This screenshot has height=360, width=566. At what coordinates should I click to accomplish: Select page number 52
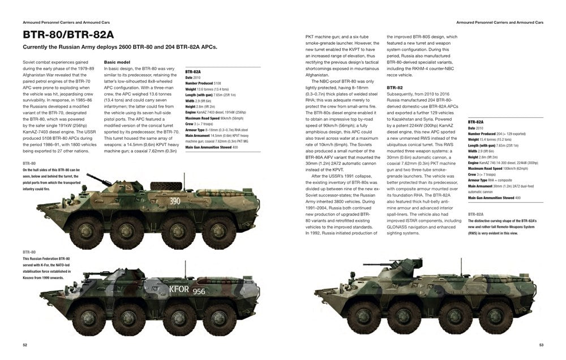click(25, 345)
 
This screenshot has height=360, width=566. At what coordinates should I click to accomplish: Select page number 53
click(541, 345)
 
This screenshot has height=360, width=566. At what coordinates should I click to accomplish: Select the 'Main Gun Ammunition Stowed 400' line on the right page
click(494, 198)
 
